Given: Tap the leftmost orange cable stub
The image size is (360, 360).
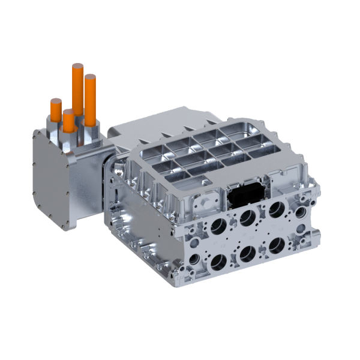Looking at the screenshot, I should [x=56, y=110].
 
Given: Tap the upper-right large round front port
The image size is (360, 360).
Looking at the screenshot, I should [x=277, y=209].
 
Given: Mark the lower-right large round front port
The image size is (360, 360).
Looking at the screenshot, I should [x=277, y=245].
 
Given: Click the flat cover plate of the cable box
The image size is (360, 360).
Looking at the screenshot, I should [x=51, y=180].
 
